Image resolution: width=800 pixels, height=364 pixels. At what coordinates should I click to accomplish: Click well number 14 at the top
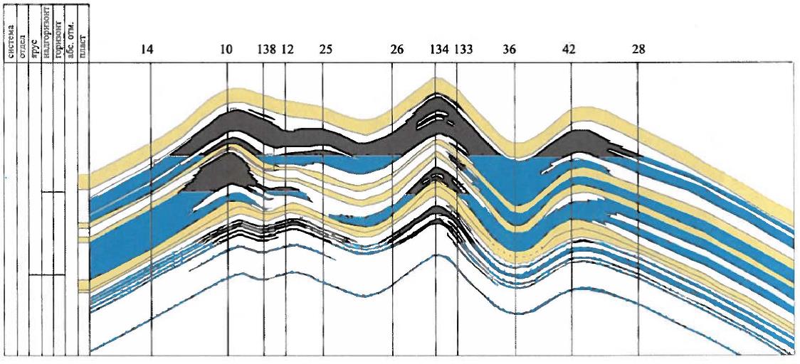147,50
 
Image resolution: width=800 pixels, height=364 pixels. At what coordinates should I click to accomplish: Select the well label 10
226,50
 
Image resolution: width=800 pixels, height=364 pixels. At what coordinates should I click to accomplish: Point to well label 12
288,50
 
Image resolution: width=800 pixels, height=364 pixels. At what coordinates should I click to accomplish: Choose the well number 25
325,50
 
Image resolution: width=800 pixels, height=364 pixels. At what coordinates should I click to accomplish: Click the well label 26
397,50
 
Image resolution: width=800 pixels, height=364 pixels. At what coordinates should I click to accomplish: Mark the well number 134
438,50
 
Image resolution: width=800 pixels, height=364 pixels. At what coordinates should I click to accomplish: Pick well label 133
463,50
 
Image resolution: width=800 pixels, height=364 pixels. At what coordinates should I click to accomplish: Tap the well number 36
509,50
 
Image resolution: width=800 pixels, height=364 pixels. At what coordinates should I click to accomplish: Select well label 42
568,50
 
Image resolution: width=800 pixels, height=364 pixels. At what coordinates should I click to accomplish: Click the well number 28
638,50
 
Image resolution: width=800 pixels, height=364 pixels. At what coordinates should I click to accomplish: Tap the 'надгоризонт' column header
47,33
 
